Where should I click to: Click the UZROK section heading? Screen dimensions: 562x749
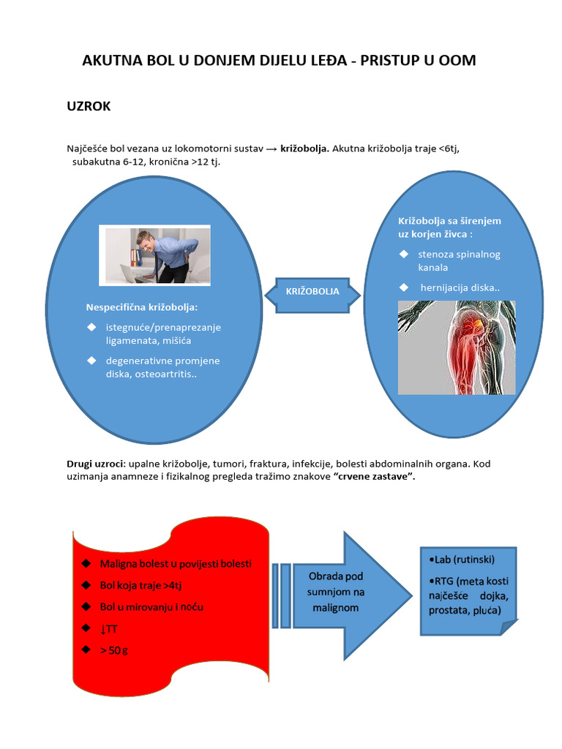click(89, 106)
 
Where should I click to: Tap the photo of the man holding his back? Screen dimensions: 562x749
click(154, 255)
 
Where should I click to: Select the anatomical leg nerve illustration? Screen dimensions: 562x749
click(457, 347)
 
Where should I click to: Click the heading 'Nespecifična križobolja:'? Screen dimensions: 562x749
click(141, 307)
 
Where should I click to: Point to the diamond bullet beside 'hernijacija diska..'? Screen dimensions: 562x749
click(404, 287)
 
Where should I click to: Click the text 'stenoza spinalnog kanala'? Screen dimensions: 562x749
click(459, 261)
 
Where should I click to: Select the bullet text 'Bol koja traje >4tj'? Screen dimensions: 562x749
click(140, 585)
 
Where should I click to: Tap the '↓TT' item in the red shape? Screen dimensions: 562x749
click(108, 628)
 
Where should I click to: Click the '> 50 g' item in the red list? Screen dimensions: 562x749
click(113, 650)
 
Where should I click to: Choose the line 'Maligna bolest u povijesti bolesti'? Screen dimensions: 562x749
click(176, 564)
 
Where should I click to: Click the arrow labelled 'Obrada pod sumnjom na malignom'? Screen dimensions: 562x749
click(342, 595)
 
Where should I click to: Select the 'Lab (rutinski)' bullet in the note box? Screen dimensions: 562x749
click(462, 560)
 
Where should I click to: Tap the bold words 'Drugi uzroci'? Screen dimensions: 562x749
click(96, 463)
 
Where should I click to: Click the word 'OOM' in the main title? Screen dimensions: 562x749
click(457, 60)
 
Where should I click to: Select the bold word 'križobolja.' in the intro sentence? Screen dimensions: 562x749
click(304, 148)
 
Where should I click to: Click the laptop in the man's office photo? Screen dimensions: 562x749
click(135, 274)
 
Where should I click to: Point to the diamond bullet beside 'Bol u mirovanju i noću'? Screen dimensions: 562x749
click(86, 606)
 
